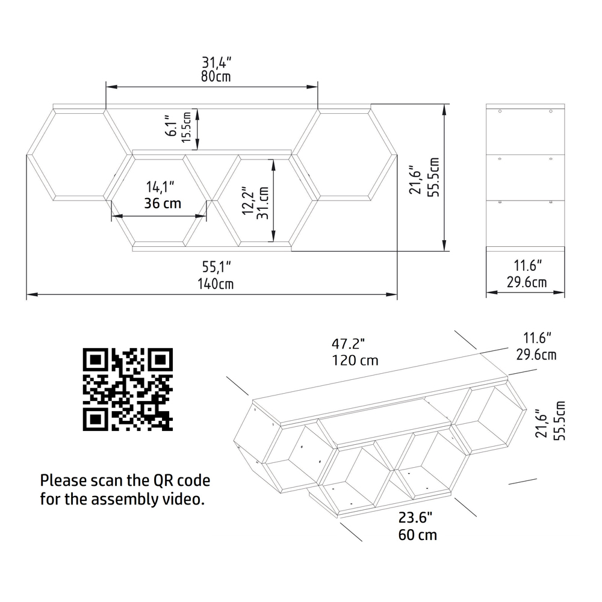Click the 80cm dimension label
[216, 76]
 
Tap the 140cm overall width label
[216, 284]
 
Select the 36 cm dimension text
[163, 203]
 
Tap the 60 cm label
[417, 535]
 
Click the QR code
[128, 389]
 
